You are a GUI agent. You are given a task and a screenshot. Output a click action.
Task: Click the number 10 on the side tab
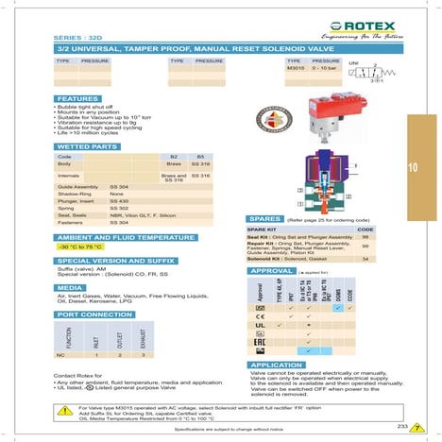[413, 168]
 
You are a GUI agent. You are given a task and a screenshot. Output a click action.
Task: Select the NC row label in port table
[60, 354]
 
